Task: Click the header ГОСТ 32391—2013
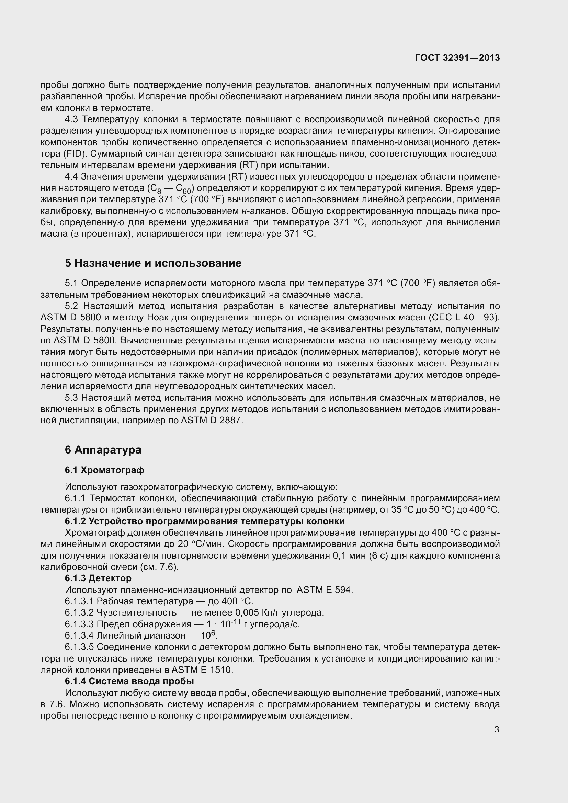coord(457,58)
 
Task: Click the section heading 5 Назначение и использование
coord(153,263)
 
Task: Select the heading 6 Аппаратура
coord(103,450)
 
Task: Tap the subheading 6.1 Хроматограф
coord(104,470)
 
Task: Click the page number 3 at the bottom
coord(497,730)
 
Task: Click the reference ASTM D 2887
coord(211,421)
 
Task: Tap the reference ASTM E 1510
coord(202,670)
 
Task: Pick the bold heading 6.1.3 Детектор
coord(98,578)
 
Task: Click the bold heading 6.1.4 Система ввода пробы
coord(129,681)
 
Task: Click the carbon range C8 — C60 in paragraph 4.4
coord(170,188)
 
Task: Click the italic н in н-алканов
coord(244,211)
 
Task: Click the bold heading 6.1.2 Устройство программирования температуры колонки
coord(204,521)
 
